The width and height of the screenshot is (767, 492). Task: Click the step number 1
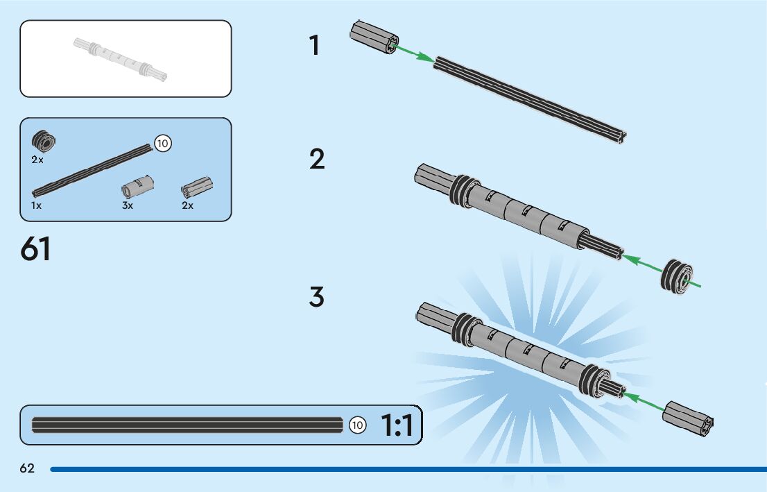[x=315, y=46]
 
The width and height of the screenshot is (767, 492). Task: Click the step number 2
[x=317, y=160]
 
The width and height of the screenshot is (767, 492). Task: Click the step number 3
[x=317, y=297]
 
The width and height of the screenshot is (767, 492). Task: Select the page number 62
[x=27, y=469]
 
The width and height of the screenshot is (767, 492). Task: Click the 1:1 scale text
[x=397, y=425]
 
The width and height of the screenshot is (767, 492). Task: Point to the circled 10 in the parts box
[x=162, y=144]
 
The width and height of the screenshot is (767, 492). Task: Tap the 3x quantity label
[x=128, y=206]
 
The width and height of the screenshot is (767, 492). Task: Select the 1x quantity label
[x=37, y=206]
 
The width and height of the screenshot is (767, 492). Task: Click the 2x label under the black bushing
[x=37, y=160]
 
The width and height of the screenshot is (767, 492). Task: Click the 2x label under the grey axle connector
[x=187, y=206]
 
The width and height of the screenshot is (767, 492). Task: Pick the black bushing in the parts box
[x=44, y=142]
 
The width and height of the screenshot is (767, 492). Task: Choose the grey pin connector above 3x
[x=137, y=187]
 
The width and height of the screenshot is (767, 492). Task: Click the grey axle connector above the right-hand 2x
[x=197, y=187]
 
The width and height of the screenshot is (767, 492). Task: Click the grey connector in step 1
[x=374, y=38]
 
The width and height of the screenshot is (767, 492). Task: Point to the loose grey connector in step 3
[x=687, y=418]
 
